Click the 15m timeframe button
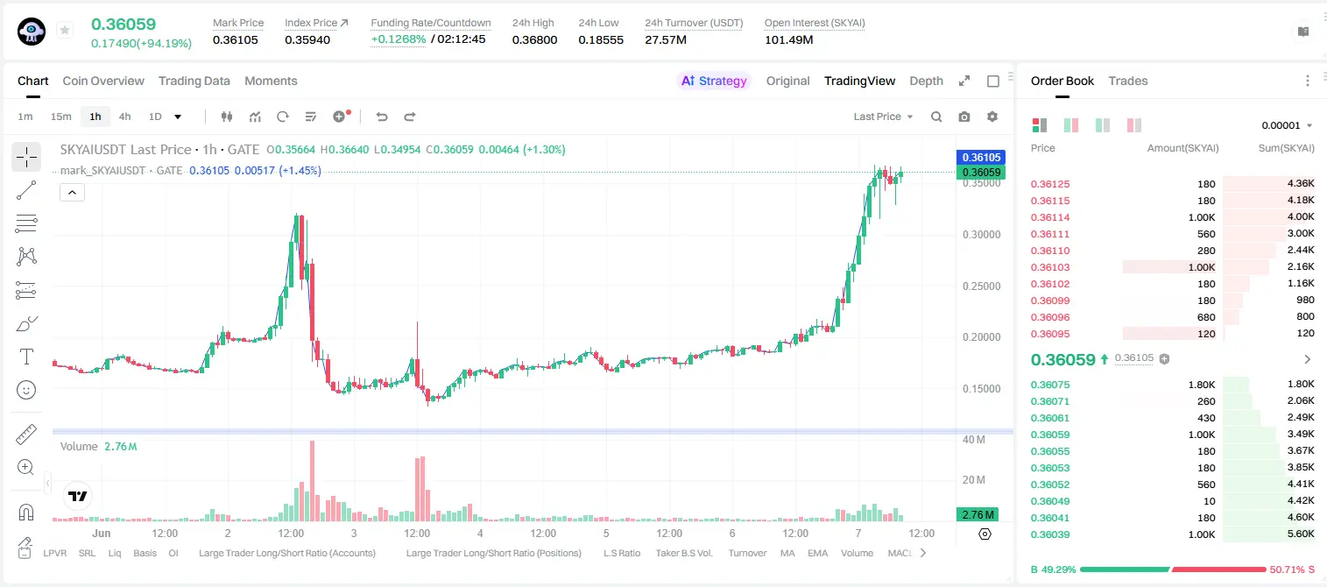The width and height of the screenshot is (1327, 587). [61, 117]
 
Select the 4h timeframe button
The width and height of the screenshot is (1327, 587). [124, 117]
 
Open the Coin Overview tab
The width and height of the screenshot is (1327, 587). [103, 81]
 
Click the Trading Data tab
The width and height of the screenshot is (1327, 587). [194, 81]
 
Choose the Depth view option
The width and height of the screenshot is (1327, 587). [926, 81]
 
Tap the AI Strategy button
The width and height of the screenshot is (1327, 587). [714, 81]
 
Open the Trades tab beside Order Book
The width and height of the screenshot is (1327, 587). [1128, 81]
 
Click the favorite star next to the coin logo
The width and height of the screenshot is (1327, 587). [65, 30]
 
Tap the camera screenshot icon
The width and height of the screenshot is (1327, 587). [964, 117]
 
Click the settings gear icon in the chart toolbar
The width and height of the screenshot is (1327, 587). [992, 117]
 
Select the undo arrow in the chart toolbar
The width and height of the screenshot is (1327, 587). [382, 117]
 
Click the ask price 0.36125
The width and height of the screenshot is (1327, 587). [1050, 184]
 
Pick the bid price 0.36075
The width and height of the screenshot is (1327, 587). [1050, 385]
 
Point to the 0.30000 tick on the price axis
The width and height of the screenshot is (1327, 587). [982, 235]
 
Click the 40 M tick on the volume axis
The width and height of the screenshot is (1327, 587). [974, 440]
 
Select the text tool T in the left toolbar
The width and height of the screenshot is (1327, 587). [26, 357]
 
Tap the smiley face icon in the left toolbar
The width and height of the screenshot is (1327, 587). [26, 390]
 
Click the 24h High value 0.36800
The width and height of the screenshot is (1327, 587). [534, 39]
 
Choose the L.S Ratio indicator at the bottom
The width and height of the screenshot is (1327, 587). [622, 553]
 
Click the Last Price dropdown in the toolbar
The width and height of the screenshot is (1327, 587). [883, 117]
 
